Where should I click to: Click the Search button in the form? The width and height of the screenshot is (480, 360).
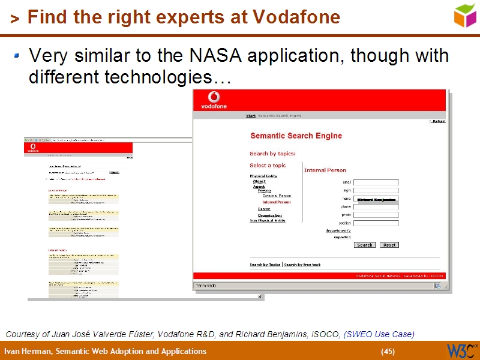[x=365, y=245]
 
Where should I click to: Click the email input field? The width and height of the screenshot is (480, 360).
[x=376, y=182]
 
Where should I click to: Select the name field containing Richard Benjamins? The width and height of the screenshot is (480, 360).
[x=376, y=199]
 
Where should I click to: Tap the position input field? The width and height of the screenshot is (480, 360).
[x=376, y=223]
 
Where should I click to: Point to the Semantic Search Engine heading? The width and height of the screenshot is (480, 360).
[x=296, y=136]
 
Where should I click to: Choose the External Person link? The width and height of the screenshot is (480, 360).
[x=277, y=196]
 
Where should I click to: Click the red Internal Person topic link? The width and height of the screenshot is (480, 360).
[x=276, y=202]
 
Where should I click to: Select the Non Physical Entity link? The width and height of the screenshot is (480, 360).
[x=268, y=221]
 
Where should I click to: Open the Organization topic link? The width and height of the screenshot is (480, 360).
[x=269, y=215]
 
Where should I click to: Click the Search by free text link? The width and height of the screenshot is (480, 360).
[x=302, y=265]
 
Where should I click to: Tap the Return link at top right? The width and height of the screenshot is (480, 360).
[x=439, y=121]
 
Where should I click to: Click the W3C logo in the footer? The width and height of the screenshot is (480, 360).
[x=461, y=350]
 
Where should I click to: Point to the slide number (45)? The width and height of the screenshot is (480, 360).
[x=388, y=352]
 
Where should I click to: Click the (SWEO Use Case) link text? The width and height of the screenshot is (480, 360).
[x=379, y=334]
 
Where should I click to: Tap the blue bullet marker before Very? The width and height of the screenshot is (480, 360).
[x=17, y=56]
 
